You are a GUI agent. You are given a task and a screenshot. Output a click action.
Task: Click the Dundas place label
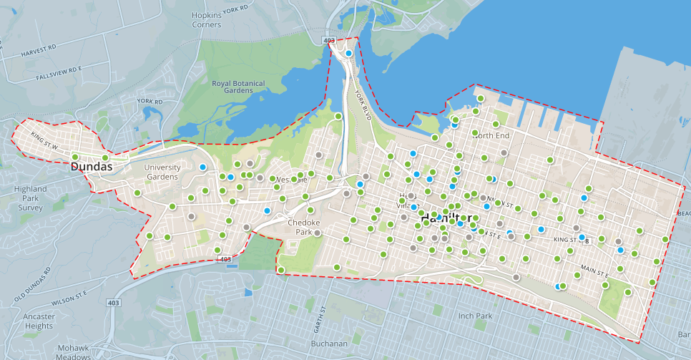click(92, 166)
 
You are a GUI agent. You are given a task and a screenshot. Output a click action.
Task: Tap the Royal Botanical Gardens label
click(238, 87)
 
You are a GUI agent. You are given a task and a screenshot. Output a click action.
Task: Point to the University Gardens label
click(162, 172)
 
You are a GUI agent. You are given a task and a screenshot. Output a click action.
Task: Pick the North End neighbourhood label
click(491, 135)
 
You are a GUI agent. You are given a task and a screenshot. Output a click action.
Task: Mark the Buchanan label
click(329, 344)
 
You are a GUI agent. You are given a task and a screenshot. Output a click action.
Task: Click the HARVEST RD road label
click(38, 50)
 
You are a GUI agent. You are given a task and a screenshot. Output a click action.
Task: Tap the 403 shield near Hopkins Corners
click(329, 42)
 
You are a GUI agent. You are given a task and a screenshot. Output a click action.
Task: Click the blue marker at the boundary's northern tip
click(349, 53)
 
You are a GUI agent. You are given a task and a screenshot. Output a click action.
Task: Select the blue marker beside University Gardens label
click(203, 167)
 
